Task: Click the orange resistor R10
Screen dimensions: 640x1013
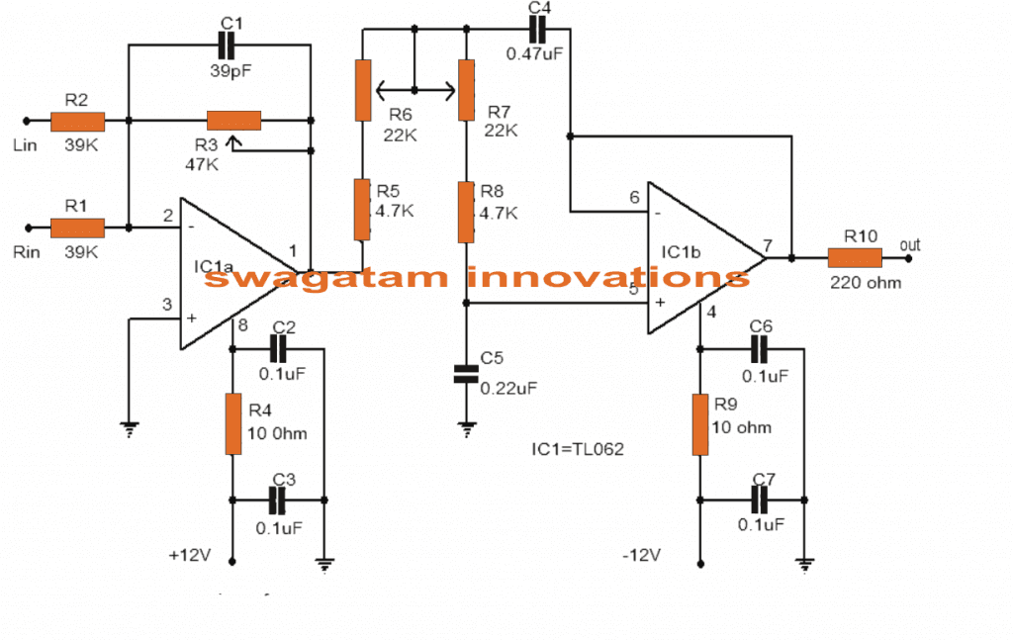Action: click(855, 259)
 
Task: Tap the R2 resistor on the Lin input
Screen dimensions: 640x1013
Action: click(77, 122)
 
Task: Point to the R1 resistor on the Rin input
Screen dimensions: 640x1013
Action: click(77, 228)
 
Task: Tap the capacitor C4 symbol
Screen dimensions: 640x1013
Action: click(538, 30)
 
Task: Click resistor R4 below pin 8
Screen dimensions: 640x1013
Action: click(233, 423)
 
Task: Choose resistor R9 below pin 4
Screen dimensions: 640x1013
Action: click(699, 424)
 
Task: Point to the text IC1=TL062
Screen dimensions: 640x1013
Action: click(578, 448)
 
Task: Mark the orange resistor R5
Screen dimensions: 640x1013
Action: click(363, 210)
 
